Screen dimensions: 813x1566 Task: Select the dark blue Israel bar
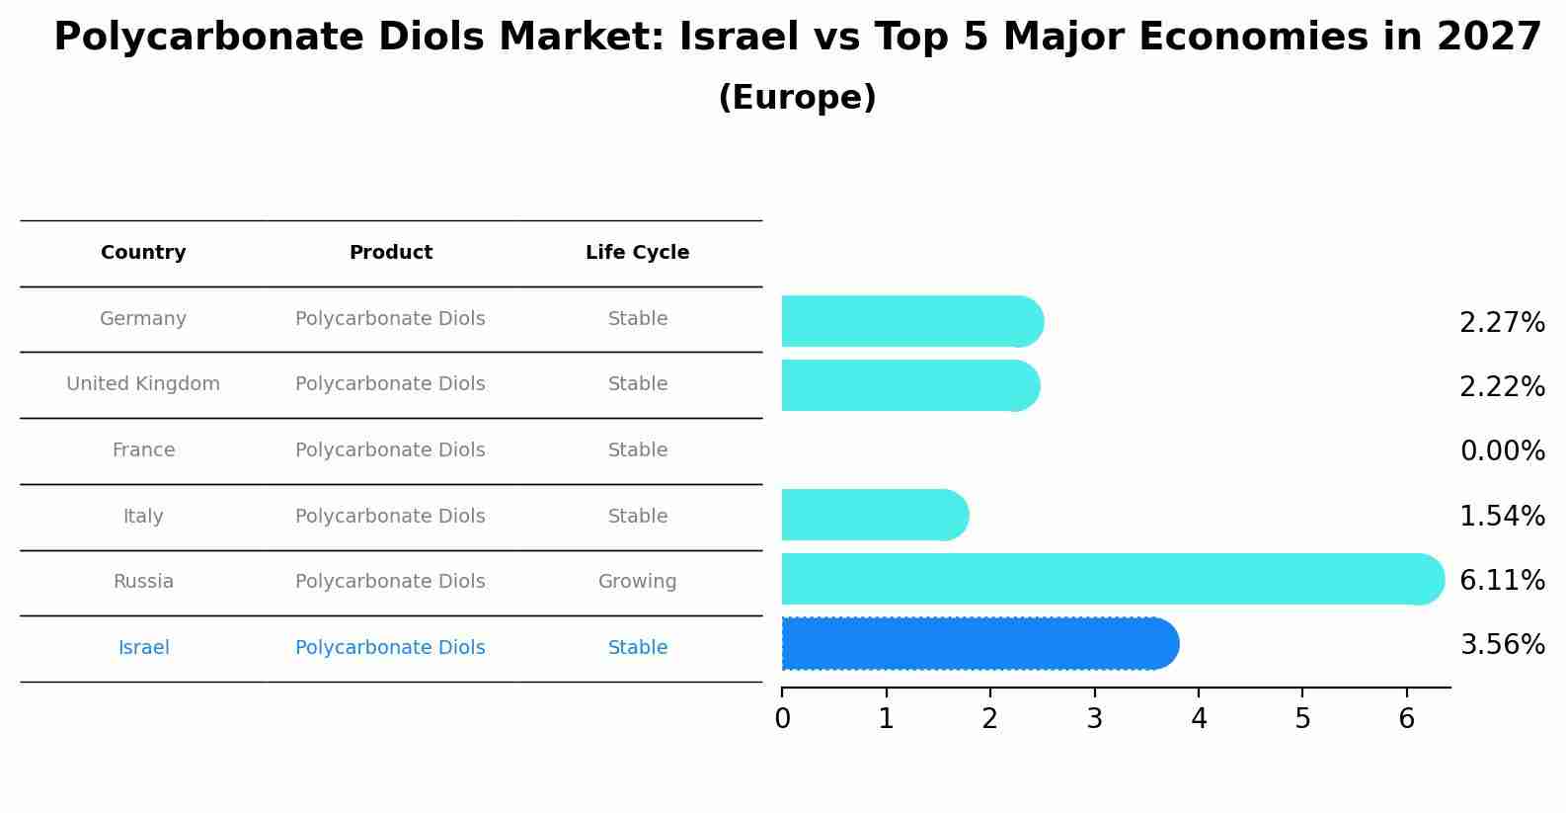coord(978,644)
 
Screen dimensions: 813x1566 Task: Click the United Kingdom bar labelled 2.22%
coord(908,385)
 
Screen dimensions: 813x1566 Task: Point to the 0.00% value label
coord(1502,451)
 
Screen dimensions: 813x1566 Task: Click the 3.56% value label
coord(1502,645)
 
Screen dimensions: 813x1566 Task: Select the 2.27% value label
coord(1502,323)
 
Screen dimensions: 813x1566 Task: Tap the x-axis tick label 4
coord(1199,719)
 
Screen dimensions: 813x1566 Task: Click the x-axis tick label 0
coord(782,719)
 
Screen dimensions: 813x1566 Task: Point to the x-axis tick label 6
coord(1407,719)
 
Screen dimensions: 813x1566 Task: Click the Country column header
coord(143,253)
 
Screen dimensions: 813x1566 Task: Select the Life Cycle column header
coord(637,253)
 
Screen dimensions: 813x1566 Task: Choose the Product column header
coord(390,253)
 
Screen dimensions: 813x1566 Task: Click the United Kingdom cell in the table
coord(143,384)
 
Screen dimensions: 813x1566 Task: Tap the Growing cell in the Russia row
coord(637,582)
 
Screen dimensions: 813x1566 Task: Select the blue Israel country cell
coord(143,648)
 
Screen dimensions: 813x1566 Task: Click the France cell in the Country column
coord(143,450)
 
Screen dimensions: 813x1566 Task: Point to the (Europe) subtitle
coord(797,98)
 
